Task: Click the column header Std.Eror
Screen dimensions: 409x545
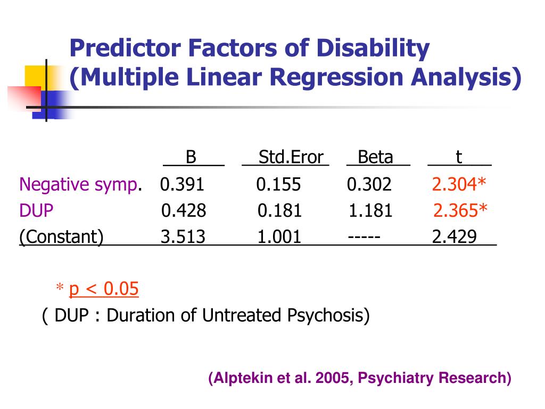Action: click(291, 158)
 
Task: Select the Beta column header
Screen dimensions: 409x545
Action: click(375, 158)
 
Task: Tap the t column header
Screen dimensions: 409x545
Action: click(458, 158)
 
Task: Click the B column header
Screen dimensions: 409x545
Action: click(191, 158)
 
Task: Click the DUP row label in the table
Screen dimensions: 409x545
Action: click(37, 211)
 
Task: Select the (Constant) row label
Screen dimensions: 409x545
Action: click(62, 237)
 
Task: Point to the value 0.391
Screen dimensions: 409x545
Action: click(182, 185)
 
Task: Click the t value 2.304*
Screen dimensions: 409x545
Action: click(459, 185)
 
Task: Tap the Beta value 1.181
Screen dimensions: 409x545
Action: click(370, 211)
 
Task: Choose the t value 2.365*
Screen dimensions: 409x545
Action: click(460, 211)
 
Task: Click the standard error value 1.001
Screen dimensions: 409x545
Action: click(279, 237)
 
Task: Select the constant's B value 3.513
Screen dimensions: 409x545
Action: click(183, 237)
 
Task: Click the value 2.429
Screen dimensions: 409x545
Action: click(454, 237)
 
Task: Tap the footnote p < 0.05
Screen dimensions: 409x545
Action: click(104, 289)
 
